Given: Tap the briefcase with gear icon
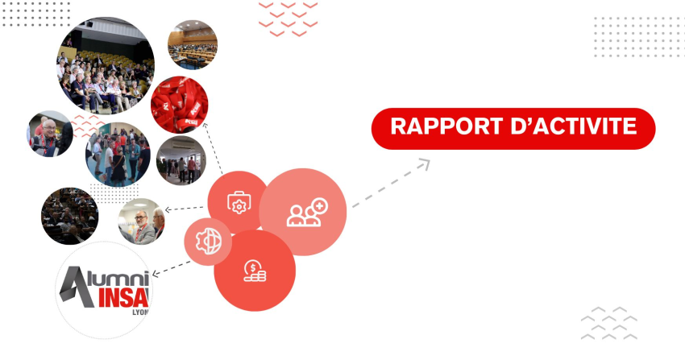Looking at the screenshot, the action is coord(239,202).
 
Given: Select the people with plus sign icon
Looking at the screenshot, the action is coord(307,213).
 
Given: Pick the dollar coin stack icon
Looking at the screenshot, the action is coord(255,271).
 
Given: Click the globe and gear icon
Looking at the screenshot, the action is coord(209,242).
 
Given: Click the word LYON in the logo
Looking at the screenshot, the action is coord(140,312).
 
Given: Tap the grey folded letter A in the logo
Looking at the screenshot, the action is coord(77,288).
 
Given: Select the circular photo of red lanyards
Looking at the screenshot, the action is coord(179,105).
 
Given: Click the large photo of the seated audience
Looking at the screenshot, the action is coord(106,65).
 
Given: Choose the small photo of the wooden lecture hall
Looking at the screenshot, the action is coord(193,44).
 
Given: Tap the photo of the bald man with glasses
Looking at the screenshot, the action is coord(50,134).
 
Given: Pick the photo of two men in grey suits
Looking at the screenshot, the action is coord(142,221).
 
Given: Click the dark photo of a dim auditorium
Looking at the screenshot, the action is coord(70,216).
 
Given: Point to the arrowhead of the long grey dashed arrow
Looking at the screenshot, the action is coord(424,164).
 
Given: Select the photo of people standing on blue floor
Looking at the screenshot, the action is coord(118,155).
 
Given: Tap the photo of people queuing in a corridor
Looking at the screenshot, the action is coord(181,160).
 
